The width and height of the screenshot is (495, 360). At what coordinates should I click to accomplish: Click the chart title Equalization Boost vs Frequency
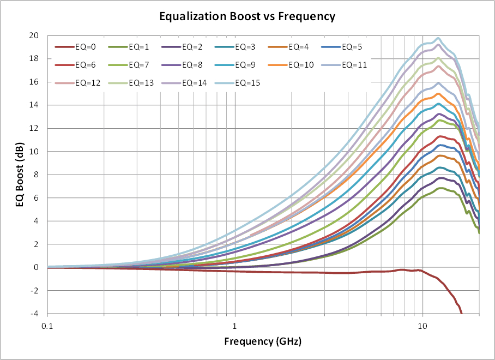point(247,16)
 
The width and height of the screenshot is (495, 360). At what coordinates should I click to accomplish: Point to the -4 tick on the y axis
point(35,314)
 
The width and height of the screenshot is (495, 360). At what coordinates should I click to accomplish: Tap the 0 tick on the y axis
point(36,268)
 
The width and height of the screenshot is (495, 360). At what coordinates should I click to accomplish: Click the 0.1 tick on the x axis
point(47,326)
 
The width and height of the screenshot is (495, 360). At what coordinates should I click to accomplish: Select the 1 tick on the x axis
point(235,326)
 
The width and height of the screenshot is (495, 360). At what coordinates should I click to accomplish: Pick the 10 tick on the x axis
point(422,326)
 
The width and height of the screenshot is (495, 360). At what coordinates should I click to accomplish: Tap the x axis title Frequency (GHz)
point(263,341)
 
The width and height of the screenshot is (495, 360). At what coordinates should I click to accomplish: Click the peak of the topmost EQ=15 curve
point(438,38)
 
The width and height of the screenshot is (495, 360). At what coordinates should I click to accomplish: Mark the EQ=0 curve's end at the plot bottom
point(462,314)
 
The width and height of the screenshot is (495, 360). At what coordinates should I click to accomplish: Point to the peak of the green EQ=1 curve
point(440,188)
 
